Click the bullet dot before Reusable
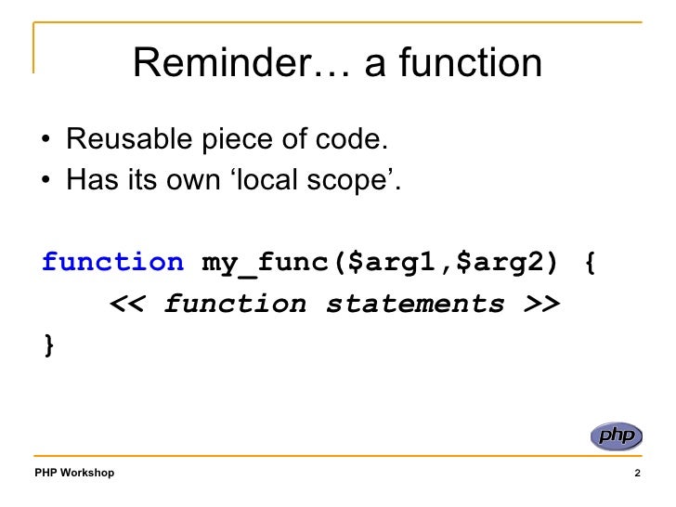pyautogui.click(x=46, y=143)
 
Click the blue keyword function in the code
pyautogui.click(x=113, y=262)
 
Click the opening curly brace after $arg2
pyautogui.click(x=591, y=262)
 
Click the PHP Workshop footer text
pyautogui.click(x=74, y=474)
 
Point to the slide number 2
pyautogui.click(x=637, y=474)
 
